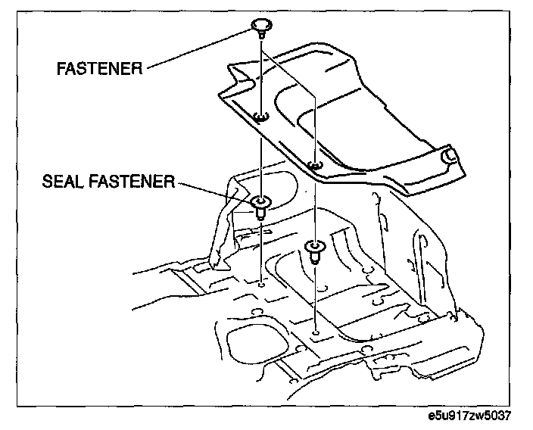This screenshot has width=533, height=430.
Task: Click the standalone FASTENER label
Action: (101, 68)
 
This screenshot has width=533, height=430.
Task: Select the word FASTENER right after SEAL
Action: (131, 182)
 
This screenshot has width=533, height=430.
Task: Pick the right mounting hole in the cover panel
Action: (316, 166)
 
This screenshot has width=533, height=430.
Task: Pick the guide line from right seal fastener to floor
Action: (314, 295)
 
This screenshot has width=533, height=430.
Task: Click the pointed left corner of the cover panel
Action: (220, 94)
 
